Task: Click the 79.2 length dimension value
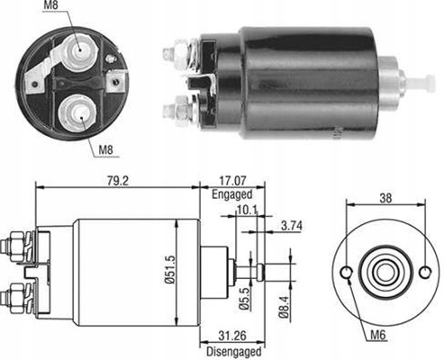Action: pos(118,181)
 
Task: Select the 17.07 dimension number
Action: pos(232,181)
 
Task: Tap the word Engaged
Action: pos(232,194)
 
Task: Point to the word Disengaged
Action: pos(234,351)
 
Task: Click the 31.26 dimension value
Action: pos(232,336)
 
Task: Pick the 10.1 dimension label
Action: pos(247,210)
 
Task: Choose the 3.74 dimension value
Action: pos(292,226)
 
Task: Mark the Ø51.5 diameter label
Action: pos(169,269)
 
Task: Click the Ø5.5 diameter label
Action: pos(244,299)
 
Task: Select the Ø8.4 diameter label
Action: pos(284,307)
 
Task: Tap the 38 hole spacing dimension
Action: pos(385,198)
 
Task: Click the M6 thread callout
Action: pos(377,335)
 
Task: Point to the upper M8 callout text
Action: pos(50,5)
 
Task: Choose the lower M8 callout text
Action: pos(106,149)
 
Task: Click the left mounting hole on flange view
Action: pos(347,273)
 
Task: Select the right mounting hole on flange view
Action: pos(425,273)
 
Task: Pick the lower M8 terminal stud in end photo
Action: pos(77,114)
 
